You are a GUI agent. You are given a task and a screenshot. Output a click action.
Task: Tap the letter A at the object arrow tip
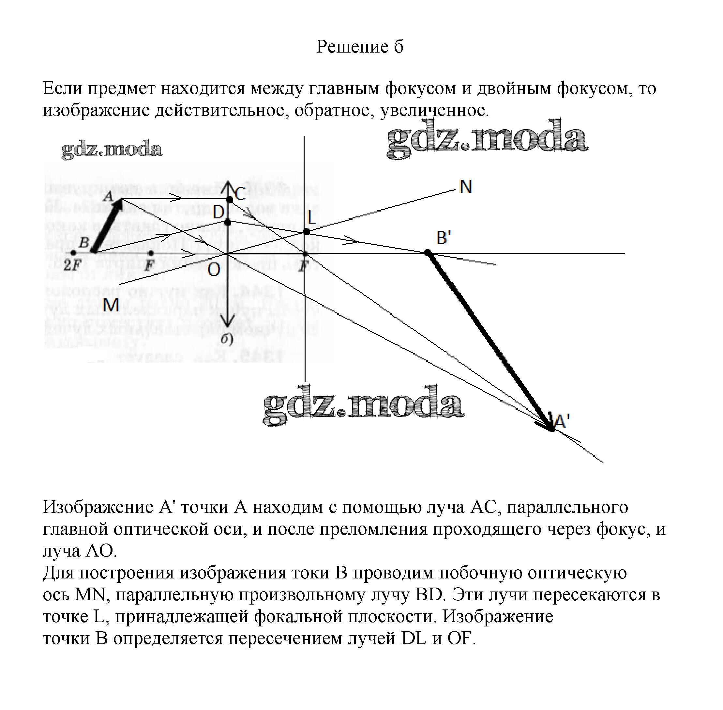point(108,196)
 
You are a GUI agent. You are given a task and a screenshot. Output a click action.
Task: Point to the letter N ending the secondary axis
point(466,187)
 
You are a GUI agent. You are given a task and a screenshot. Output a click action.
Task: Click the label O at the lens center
point(213,270)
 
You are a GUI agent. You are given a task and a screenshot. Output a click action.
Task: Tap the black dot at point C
point(230,200)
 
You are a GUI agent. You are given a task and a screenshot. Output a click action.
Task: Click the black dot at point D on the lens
point(228,223)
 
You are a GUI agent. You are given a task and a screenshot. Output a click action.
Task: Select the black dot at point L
point(306,231)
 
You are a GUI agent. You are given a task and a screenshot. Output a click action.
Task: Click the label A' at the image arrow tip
point(562,421)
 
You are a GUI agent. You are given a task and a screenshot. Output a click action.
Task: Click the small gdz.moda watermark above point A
point(112,150)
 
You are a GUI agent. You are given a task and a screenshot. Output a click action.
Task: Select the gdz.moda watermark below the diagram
point(363,406)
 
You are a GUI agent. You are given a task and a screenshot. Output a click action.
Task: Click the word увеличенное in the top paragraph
point(434,110)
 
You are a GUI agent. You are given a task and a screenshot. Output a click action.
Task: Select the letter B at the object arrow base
point(84,243)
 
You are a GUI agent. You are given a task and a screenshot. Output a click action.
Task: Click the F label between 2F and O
point(149,265)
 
